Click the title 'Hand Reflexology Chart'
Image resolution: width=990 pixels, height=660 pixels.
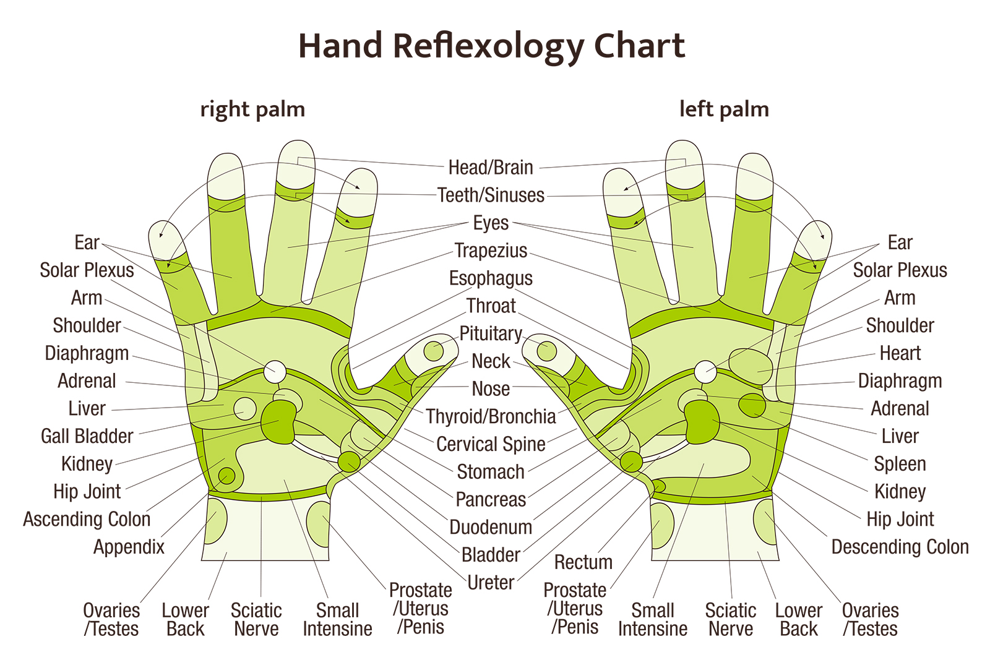[x=492, y=46]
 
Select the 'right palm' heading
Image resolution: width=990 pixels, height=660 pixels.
[x=252, y=109]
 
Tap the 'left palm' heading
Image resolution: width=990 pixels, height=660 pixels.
[x=724, y=109]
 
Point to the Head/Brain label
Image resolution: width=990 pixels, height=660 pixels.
[x=491, y=167]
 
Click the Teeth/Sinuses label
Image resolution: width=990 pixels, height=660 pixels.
[x=491, y=195]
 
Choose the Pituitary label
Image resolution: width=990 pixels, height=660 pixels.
[x=491, y=333]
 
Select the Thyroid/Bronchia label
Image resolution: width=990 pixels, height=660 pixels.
[x=491, y=416]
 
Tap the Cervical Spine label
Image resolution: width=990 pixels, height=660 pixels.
[x=491, y=444]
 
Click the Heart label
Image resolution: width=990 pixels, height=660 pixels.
[x=900, y=353]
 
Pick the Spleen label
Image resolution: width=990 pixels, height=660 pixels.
[x=900, y=464]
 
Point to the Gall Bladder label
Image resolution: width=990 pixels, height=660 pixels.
[x=87, y=436]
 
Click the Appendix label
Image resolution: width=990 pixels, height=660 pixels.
[x=129, y=547]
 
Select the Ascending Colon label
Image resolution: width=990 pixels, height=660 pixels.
[x=87, y=519]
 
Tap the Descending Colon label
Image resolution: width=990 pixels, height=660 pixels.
[x=900, y=547]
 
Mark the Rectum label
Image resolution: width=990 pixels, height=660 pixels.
[x=583, y=562]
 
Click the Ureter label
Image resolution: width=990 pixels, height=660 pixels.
[x=491, y=583]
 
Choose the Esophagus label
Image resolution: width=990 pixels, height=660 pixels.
[x=491, y=278]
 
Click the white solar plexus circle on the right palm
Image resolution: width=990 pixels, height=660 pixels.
[x=274, y=372]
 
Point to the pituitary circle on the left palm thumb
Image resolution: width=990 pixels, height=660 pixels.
[x=546, y=351]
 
